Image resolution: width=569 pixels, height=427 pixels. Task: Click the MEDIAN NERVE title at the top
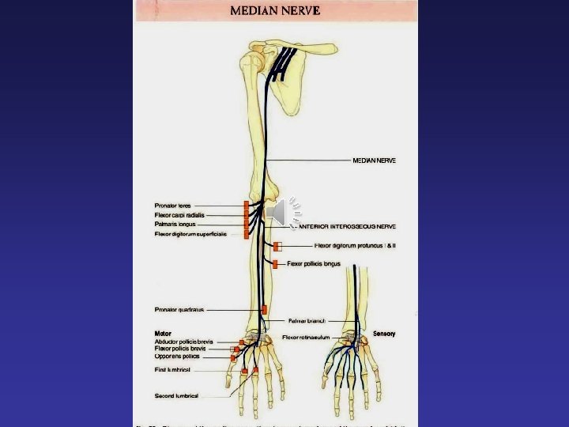[274, 11]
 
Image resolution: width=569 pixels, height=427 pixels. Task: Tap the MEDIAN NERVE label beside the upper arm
[374, 161]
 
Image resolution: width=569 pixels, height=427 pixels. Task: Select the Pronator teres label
[172, 206]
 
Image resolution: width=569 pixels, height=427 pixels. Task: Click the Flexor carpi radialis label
[179, 215]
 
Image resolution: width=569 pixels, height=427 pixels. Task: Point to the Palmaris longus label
[175, 225]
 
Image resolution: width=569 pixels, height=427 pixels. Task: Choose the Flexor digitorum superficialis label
[190, 234]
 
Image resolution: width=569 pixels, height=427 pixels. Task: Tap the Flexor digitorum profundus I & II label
[355, 246]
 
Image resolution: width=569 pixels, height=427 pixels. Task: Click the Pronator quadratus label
[179, 309]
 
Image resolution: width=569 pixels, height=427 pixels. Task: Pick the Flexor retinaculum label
[306, 338]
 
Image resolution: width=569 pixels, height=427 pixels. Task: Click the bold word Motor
[163, 334]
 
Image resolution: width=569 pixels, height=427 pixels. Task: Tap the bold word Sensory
[384, 334]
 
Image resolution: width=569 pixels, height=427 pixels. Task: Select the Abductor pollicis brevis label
[183, 342]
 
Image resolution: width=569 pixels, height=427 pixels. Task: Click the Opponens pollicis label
[177, 357]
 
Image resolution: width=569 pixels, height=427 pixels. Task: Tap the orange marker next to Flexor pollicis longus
[276, 263]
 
